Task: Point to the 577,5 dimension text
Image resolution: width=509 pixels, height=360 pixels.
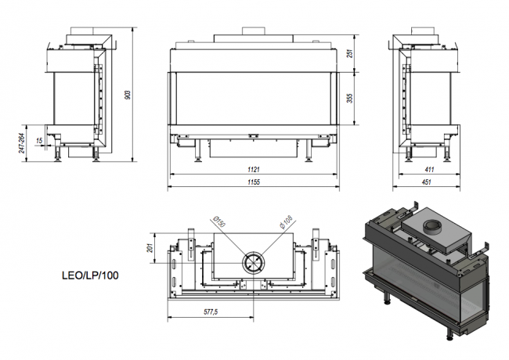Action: coord(209,311)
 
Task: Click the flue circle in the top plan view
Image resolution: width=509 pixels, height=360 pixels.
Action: coord(254,262)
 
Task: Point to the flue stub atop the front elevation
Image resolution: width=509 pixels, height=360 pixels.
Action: coord(254,31)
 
